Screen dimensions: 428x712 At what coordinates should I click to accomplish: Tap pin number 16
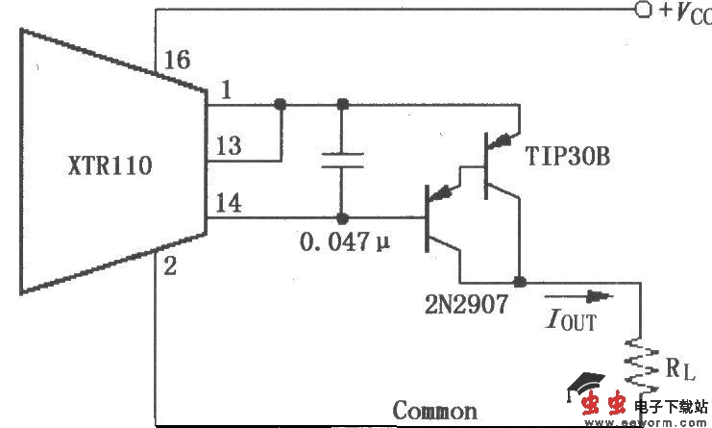point(176,61)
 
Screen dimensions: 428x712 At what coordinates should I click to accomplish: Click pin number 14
point(229,203)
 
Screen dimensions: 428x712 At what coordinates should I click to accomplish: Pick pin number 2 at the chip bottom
point(169,266)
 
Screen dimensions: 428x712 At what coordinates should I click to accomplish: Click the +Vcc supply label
point(685,12)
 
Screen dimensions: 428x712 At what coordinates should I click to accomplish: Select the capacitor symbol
point(341,160)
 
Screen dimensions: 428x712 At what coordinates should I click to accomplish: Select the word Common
point(434,411)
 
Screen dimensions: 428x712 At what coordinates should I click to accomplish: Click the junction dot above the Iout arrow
point(520,283)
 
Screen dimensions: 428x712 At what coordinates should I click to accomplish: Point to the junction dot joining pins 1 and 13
point(280,104)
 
